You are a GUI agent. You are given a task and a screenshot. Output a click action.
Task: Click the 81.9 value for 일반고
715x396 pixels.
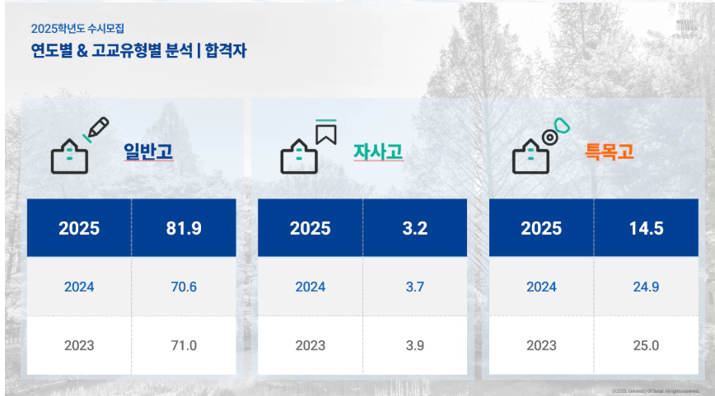pyautogui.click(x=184, y=228)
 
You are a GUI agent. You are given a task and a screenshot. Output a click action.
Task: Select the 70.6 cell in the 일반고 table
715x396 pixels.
pyautogui.click(x=184, y=287)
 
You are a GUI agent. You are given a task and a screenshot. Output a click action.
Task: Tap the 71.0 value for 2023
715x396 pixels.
pyautogui.click(x=184, y=345)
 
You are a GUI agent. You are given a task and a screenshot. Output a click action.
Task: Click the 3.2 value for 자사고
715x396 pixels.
pyautogui.click(x=415, y=228)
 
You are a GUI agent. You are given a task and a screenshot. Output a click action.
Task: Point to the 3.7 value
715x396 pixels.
pyautogui.click(x=415, y=287)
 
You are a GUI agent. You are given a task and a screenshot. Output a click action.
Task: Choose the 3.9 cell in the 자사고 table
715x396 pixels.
pyautogui.click(x=415, y=345)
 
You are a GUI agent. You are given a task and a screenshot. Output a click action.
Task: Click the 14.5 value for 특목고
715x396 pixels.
pyautogui.click(x=646, y=228)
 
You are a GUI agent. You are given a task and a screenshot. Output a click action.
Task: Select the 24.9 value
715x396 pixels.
pyautogui.click(x=646, y=287)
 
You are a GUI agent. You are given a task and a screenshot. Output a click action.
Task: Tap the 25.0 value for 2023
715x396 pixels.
pyautogui.click(x=646, y=345)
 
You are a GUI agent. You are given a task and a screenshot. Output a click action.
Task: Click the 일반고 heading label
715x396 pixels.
pyautogui.click(x=148, y=151)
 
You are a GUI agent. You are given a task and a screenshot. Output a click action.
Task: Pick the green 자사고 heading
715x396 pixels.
pyautogui.click(x=378, y=152)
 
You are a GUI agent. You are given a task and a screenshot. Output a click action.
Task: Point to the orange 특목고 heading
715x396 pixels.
pyautogui.click(x=610, y=151)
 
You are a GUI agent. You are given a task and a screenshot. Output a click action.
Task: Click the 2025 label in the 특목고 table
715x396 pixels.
pyautogui.click(x=541, y=228)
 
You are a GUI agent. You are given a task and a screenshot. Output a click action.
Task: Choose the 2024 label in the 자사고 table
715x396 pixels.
pyautogui.click(x=311, y=287)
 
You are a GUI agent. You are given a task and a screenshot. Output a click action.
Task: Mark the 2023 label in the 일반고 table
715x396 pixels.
pyautogui.click(x=79, y=345)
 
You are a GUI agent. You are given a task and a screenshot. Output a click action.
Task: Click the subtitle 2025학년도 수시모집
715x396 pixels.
pyautogui.click(x=72, y=29)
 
